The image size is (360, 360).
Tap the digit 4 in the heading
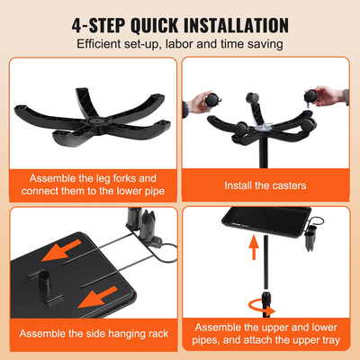pos(76,25)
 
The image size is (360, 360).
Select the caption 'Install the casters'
pos(265,185)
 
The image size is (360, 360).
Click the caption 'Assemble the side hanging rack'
pos(94,334)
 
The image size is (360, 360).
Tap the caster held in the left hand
pos(212,99)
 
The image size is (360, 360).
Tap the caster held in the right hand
pos(310,96)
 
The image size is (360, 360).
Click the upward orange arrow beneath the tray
pos(254,247)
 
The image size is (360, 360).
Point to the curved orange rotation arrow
pos(262,307)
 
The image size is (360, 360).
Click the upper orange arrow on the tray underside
pos(61,250)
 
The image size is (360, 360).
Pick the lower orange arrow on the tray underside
pos(97,297)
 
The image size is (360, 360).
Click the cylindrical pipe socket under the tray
pos(44,282)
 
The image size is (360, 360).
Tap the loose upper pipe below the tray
pos(265,262)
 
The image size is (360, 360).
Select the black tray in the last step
pos(266,221)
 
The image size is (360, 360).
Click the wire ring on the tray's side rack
pos(318,221)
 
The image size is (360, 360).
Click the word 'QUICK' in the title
pos(155,25)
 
